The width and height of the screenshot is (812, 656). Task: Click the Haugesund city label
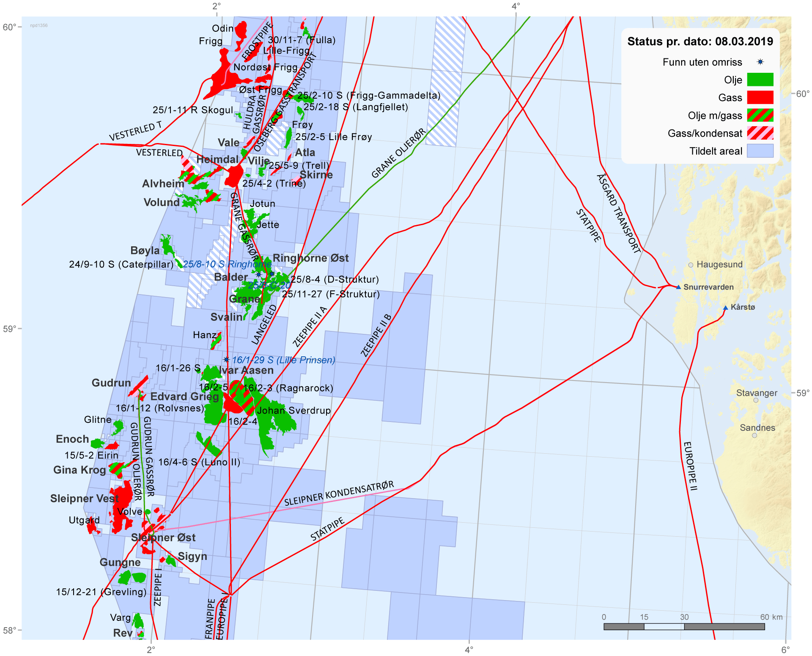click(x=719, y=265)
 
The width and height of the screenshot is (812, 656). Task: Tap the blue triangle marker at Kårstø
click(x=725, y=308)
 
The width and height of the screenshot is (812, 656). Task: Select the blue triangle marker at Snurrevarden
click(x=678, y=287)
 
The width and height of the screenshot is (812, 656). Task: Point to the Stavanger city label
click(x=757, y=393)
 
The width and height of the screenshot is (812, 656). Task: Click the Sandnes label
click(x=757, y=428)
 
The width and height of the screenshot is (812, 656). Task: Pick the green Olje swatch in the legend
click(x=760, y=80)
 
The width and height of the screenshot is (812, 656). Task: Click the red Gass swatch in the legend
click(x=760, y=97)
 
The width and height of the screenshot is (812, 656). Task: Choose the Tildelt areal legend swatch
click(x=760, y=151)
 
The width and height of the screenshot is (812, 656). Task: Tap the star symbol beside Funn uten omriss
click(x=760, y=62)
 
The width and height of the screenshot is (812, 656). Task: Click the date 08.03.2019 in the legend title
click(x=744, y=41)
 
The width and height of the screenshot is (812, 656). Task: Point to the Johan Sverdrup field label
click(x=294, y=411)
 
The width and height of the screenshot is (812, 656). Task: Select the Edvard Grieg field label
click(x=185, y=397)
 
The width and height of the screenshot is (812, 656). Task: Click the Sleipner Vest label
click(x=85, y=499)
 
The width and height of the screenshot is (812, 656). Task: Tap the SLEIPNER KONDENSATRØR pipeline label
click(x=339, y=493)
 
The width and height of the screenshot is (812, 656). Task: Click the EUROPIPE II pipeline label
click(x=690, y=466)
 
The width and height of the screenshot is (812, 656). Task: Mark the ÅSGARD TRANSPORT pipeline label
click(x=618, y=214)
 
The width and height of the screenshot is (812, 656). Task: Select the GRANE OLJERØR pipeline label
click(x=398, y=153)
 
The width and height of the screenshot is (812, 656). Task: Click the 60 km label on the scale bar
click(x=771, y=617)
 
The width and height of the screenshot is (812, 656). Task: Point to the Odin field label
click(x=223, y=28)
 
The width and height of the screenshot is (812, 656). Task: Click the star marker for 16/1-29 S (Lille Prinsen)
click(x=227, y=360)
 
